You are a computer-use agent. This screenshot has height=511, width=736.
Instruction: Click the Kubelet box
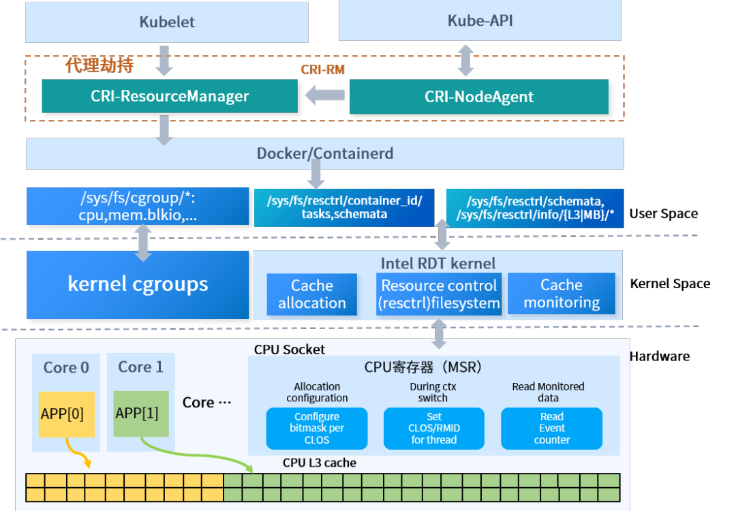click(x=167, y=22)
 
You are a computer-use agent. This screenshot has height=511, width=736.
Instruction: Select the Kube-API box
click(x=480, y=20)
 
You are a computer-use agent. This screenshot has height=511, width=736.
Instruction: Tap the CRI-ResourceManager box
click(x=170, y=96)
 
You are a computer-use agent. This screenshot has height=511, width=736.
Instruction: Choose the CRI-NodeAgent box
click(x=478, y=97)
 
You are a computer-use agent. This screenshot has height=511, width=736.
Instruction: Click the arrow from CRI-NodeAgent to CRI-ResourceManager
click(x=324, y=95)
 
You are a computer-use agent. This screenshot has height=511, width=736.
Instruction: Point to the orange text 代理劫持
click(x=99, y=65)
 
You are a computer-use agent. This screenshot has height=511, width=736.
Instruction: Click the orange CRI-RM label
click(x=322, y=70)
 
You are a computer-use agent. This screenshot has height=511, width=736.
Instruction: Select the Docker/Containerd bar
click(x=324, y=153)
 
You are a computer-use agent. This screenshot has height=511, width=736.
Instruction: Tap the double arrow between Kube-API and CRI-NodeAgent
click(x=465, y=60)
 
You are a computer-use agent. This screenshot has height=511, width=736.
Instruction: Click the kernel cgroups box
click(x=138, y=284)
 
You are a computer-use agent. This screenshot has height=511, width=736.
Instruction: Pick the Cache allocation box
click(x=312, y=294)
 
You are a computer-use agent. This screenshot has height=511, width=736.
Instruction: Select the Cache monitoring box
click(x=562, y=294)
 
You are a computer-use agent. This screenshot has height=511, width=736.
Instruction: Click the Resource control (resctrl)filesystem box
click(x=439, y=294)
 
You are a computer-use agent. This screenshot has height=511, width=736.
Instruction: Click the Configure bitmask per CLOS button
click(x=317, y=429)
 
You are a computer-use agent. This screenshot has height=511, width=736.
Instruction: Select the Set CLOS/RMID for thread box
click(x=434, y=429)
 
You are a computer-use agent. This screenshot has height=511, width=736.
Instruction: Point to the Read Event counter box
click(x=552, y=429)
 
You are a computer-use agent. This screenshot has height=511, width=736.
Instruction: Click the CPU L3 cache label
click(x=320, y=463)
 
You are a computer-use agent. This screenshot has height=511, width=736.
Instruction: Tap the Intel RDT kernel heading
click(x=438, y=263)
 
